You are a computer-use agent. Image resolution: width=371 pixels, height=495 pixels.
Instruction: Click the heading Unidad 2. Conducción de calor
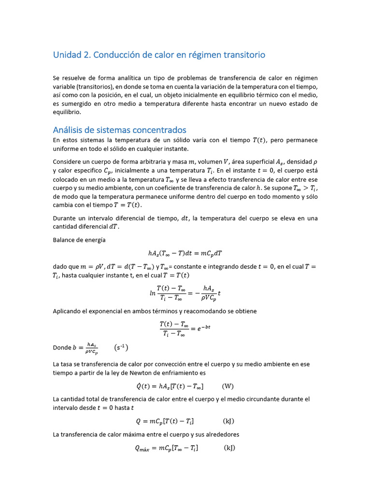pos(159,55)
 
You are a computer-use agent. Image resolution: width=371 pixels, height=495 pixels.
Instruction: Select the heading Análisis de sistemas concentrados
pos(119,130)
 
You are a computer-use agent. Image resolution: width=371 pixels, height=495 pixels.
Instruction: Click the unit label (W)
pos(228,386)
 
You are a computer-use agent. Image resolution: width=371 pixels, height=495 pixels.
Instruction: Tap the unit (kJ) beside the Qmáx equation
pos(229,448)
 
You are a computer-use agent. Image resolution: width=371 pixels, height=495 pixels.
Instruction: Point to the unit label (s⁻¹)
pos(121,348)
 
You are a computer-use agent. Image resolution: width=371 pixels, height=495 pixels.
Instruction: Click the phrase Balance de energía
pos(79,240)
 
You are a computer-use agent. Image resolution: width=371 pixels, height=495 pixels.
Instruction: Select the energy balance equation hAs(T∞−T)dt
pos(185,253)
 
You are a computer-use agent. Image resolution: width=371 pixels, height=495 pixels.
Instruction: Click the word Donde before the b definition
pos(61,348)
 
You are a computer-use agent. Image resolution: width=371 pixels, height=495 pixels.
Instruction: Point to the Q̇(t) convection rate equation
pos(170,386)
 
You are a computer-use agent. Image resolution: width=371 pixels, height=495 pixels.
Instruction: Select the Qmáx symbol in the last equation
pos(143,449)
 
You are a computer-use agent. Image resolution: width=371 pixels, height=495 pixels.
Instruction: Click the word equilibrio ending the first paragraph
pos(67,112)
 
